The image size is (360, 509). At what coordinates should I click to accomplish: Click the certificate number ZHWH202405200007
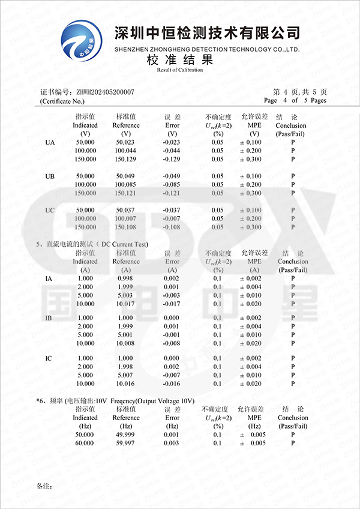click(105, 92)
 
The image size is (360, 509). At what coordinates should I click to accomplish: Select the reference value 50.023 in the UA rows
click(126, 142)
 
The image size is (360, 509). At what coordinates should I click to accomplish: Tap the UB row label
click(51, 176)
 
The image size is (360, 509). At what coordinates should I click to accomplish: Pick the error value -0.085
click(172, 185)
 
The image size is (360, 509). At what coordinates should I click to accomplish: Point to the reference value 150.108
click(126, 227)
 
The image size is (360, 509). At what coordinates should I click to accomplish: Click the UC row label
click(51, 210)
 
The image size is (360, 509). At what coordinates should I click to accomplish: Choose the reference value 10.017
click(125, 304)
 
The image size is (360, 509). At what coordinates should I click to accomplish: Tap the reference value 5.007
click(125, 375)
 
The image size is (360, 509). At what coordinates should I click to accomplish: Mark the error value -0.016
click(172, 384)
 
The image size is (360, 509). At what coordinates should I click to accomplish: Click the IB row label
click(50, 318)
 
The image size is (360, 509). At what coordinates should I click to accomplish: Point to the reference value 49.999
click(125, 434)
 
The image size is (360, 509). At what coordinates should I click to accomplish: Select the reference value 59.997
click(125, 443)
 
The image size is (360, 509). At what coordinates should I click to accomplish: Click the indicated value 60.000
click(85, 443)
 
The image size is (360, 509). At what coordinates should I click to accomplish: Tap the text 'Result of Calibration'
click(180, 70)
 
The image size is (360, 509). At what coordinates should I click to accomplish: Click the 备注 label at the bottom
click(44, 485)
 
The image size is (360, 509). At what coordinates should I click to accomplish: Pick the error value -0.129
click(172, 159)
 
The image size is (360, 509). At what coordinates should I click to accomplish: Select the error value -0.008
click(172, 343)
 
